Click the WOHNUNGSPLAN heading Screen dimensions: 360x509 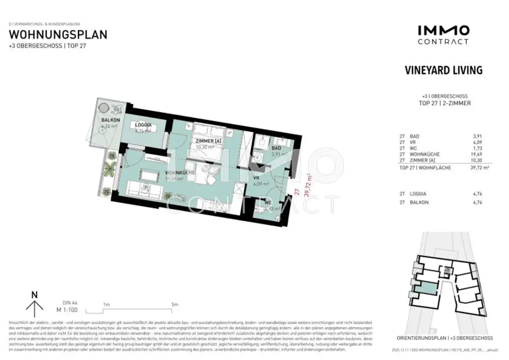[x=58, y=35]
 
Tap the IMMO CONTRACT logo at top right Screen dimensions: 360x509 [x=443, y=35]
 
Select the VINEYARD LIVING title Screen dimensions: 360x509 [x=443, y=70]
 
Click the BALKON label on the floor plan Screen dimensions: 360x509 [x=110, y=120]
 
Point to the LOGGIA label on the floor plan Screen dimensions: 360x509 [x=143, y=126]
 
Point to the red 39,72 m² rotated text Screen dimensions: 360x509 [x=308, y=185]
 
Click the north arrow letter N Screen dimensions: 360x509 [x=34, y=295]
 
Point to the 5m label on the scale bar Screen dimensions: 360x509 [x=174, y=304]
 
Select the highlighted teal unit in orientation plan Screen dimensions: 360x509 [x=423, y=288]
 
